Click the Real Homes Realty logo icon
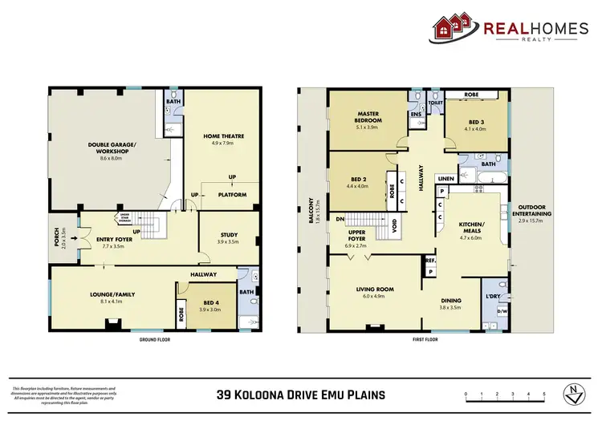[x=454, y=28]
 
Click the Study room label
[x=229, y=236]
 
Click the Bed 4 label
[x=210, y=305]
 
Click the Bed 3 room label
[x=475, y=123]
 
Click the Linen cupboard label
[x=445, y=178]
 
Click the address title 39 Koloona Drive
[x=301, y=395]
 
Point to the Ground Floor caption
[x=154, y=339]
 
